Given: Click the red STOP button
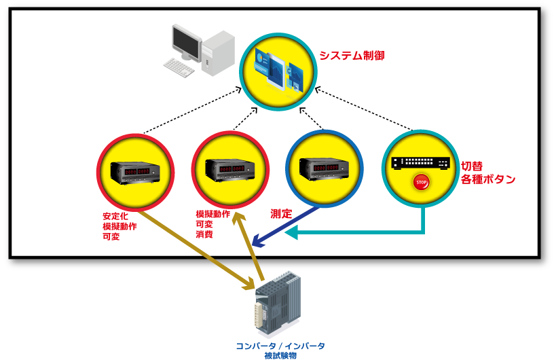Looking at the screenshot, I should click(421, 183).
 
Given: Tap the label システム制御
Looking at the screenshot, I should click(356, 55).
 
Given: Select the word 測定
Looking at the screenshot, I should click(281, 213).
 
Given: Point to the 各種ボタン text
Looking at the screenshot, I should click(488, 180).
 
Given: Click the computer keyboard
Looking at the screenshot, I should click(179, 67).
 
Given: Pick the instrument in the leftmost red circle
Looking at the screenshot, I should click(136, 172).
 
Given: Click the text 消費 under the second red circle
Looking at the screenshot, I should click(204, 234).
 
